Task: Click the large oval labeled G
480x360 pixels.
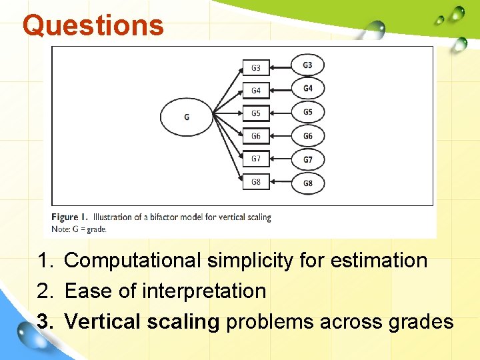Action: point(186,117)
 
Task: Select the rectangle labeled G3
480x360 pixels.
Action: point(256,68)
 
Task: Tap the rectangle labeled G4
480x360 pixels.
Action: point(256,91)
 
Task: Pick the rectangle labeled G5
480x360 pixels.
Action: point(256,113)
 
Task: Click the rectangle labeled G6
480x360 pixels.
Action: point(256,136)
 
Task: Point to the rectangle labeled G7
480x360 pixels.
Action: point(256,159)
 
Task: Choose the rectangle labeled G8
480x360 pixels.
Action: point(256,181)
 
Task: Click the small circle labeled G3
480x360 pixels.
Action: point(307,65)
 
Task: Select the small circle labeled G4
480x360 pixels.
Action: point(307,89)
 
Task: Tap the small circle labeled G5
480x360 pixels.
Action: point(307,112)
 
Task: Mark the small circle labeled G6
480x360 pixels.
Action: point(307,136)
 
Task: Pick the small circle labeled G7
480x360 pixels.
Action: point(307,159)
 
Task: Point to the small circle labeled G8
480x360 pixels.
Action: point(307,183)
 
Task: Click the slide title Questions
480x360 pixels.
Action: point(93,25)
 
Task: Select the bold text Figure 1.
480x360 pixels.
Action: point(70,217)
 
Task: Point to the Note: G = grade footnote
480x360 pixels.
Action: point(79,229)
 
